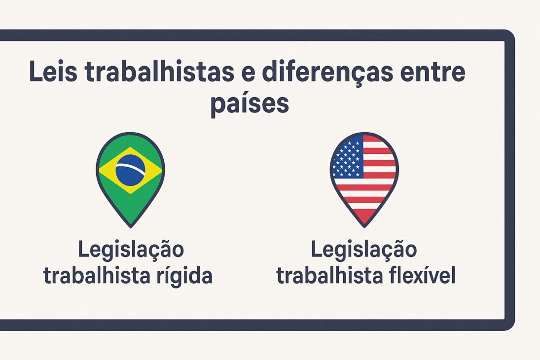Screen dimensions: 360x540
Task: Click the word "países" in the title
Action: coord(249,105)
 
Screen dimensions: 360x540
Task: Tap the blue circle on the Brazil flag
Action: coord(130,170)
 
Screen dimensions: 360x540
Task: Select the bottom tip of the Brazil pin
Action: coord(130,225)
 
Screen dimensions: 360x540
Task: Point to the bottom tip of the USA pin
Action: coord(364,225)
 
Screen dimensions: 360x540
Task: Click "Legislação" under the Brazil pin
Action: coord(131,250)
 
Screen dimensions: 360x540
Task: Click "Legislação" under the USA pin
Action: coord(364,250)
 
